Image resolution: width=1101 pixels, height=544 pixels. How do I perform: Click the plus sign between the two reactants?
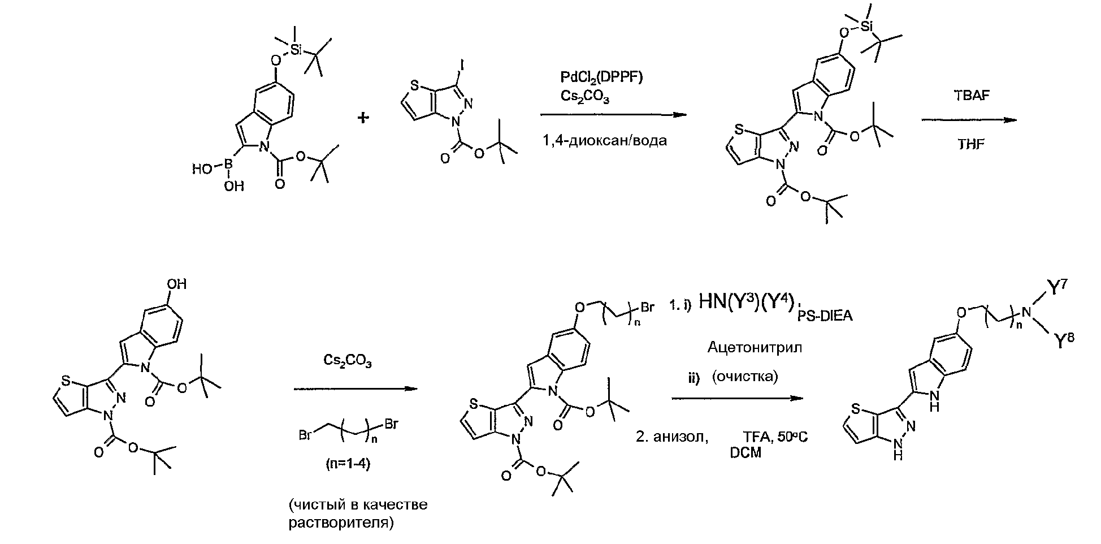[363, 117]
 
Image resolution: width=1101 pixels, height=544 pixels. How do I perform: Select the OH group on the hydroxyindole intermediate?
[177, 284]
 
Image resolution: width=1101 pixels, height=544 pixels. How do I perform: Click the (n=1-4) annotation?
[349, 464]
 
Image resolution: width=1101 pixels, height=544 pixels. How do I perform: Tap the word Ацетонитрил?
[755, 348]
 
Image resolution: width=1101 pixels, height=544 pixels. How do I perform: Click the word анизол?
[680, 437]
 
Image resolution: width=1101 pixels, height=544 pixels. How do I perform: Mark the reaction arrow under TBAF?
[969, 120]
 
